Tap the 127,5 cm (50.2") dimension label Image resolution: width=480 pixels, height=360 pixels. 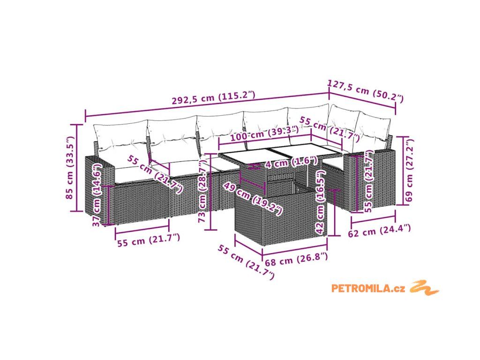click(x=366, y=90)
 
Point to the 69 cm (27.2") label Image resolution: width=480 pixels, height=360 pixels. click(x=409, y=170)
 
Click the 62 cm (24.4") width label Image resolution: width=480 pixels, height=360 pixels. click(x=379, y=231)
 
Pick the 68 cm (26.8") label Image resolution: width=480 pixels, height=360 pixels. click(x=296, y=259)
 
